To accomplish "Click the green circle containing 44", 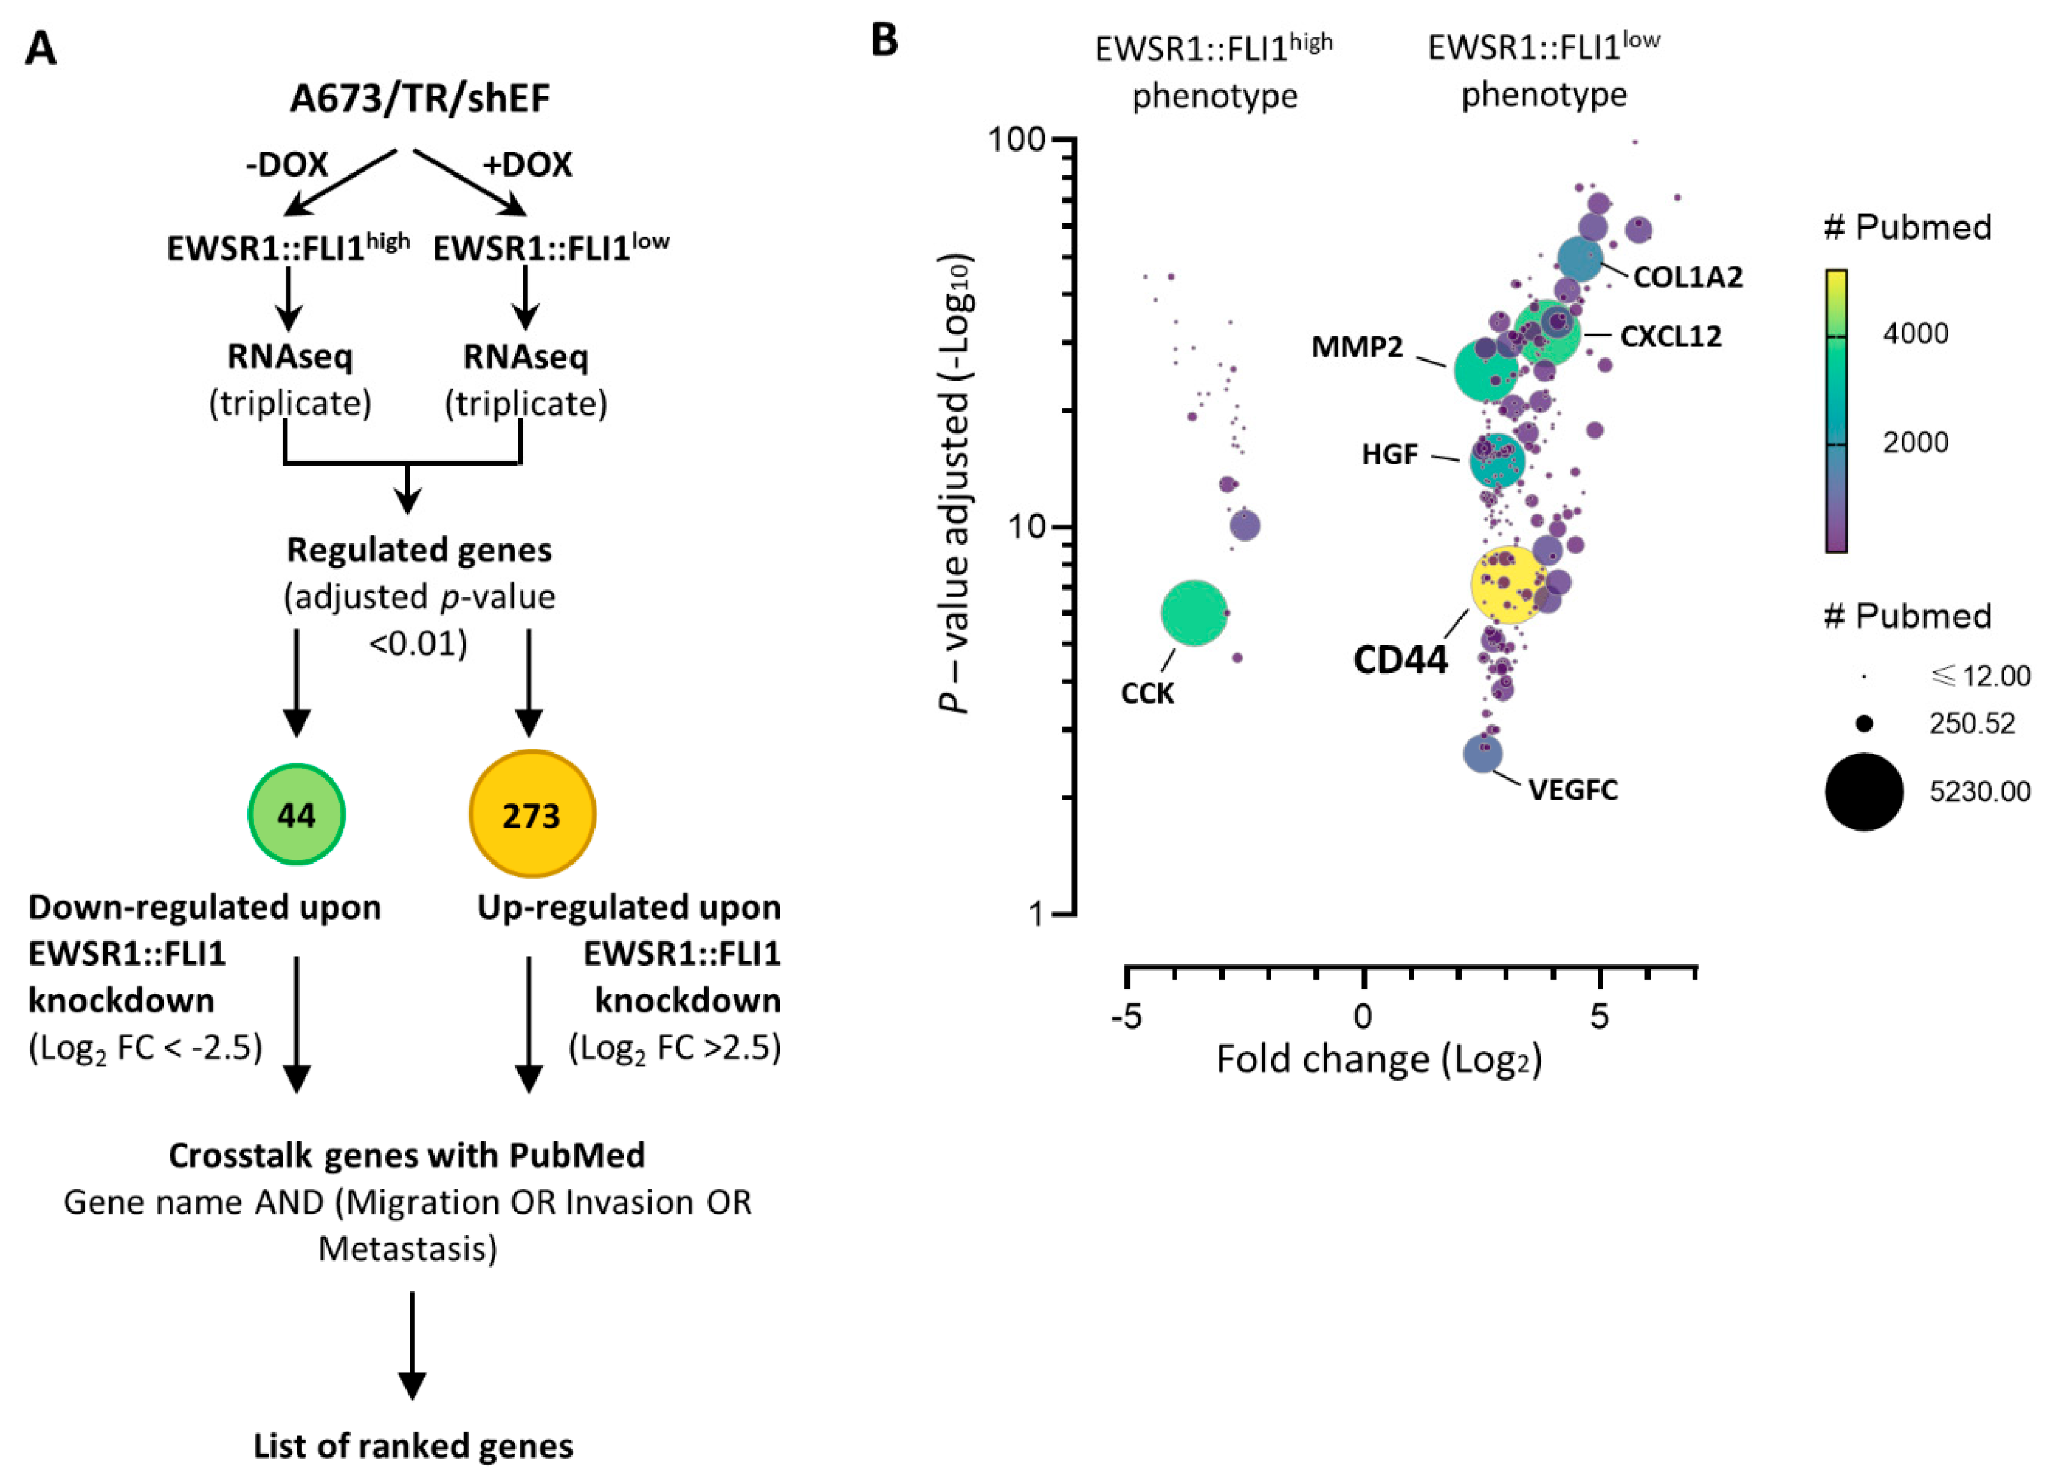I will coord(296,814).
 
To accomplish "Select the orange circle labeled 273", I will coord(532,814).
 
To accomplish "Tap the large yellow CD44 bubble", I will coord(1508,584).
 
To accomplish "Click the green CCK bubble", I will coord(1194,612).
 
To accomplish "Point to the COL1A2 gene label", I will coord(1688,276).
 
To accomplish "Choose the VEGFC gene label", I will coord(1574,790).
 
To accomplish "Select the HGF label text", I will coord(1389,454).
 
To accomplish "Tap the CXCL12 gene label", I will coord(1670,336).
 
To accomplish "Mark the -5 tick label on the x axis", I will coord(1126,1017).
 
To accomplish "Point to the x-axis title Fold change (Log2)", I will coord(1378,1059).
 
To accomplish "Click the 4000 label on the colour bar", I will coord(1916,334).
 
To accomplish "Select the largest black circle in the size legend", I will coord(1864,791).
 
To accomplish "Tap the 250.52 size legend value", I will coord(1972,724).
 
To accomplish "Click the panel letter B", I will coord(885,40).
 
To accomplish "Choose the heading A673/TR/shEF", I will coord(420,98).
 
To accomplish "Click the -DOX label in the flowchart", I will coord(287,164).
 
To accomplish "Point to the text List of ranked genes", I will coord(412,1446).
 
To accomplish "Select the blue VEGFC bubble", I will coord(1482,754).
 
